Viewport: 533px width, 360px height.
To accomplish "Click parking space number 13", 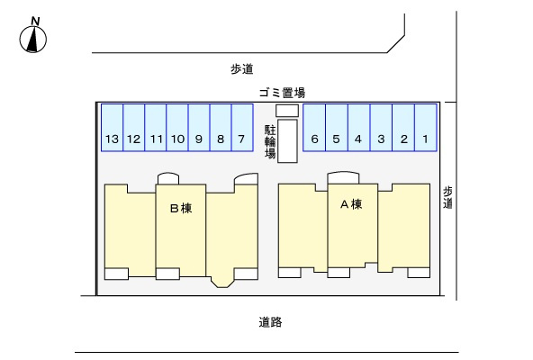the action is click(113, 128).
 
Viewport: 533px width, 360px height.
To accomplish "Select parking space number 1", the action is click(426, 128).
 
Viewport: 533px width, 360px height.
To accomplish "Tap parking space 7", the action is click(242, 128).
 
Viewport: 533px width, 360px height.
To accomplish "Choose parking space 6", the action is click(314, 128).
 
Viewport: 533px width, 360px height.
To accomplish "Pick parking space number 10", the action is click(177, 128).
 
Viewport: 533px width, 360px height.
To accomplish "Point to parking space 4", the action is click(358, 128).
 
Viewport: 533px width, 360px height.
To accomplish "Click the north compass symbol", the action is click(33, 39).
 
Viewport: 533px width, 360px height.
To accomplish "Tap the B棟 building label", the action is click(181, 208).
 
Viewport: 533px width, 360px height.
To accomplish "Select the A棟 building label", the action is click(351, 204).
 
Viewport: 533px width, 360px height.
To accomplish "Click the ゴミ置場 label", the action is click(282, 93).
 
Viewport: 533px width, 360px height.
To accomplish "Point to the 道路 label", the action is click(270, 322).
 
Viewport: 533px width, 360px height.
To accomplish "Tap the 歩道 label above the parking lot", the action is click(242, 69).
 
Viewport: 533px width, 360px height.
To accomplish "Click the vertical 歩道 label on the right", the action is click(447, 197).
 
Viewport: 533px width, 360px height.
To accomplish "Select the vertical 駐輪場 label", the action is click(270, 142).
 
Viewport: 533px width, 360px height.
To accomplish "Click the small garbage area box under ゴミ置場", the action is click(287, 111).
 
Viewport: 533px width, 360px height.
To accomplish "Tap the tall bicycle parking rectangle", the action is click(287, 141).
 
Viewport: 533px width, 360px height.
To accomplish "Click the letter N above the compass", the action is click(35, 21).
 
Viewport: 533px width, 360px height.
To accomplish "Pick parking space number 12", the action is click(134, 128).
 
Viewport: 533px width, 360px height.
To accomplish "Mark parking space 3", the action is click(381, 128).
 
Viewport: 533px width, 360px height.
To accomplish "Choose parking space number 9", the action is click(199, 128).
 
